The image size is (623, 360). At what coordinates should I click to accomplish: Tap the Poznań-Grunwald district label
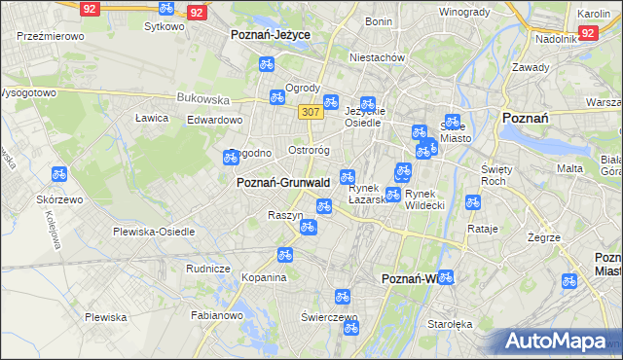click(x=282, y=182)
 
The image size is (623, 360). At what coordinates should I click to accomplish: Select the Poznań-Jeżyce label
click(x=270, y=33)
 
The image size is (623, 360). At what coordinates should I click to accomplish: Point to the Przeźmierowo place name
click(x=49, y=35)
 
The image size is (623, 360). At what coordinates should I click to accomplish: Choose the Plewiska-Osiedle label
click(x=154, y=232)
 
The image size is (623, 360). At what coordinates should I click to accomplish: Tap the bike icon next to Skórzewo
click(x=58, y=175)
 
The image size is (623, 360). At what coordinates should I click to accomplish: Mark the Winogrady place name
click(x=463, y=12)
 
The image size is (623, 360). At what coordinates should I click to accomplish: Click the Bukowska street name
click(x=202, y=98)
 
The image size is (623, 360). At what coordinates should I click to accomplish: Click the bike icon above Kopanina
click(x=285, y=255)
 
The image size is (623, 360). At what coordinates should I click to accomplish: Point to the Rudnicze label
click(x=207, y=269)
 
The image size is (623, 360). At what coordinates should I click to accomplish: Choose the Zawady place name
click(x=531, y=67)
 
